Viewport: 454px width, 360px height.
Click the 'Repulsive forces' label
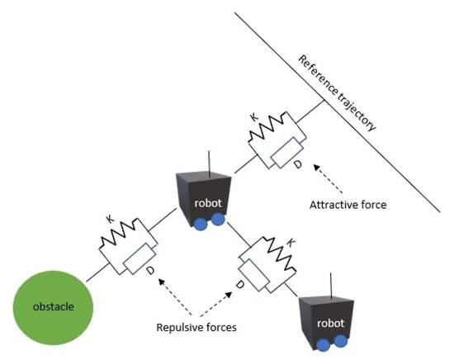(196, 327)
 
